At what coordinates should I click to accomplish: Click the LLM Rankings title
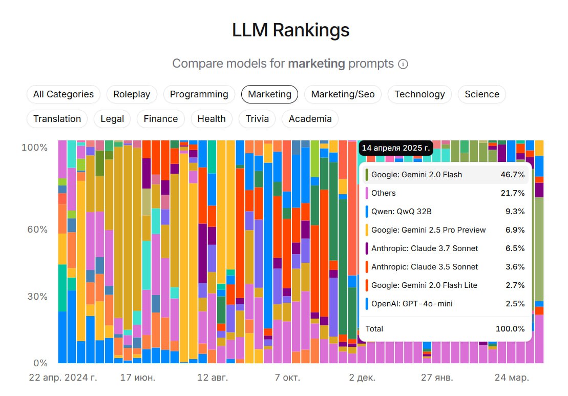pos(290,30)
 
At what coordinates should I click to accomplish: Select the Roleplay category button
pos(132,94)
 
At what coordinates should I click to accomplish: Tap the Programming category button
pos(199,94)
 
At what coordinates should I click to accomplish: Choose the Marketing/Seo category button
pos(343,94)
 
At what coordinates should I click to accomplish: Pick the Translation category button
pos(57,119)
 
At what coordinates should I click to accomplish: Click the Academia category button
pos(310,119)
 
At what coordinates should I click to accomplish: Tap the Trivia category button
pos(257,119)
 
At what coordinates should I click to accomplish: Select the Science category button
pos(481,94)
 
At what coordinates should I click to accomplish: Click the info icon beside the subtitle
pos(403,64)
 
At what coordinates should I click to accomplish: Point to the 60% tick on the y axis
pos(37,229)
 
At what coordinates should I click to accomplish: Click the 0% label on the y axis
pos(40,363)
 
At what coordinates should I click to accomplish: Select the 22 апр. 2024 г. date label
pos(63,378)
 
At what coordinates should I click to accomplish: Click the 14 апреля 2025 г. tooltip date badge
pos(396,148)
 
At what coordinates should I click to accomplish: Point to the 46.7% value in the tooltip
pos(512,175)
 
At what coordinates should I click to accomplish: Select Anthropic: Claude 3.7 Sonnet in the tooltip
pos(424,248)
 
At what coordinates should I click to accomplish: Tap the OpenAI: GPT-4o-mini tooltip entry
pos(412,304)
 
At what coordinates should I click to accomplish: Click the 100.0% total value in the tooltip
pos(510,329)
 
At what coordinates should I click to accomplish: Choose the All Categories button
pos(64,94)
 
